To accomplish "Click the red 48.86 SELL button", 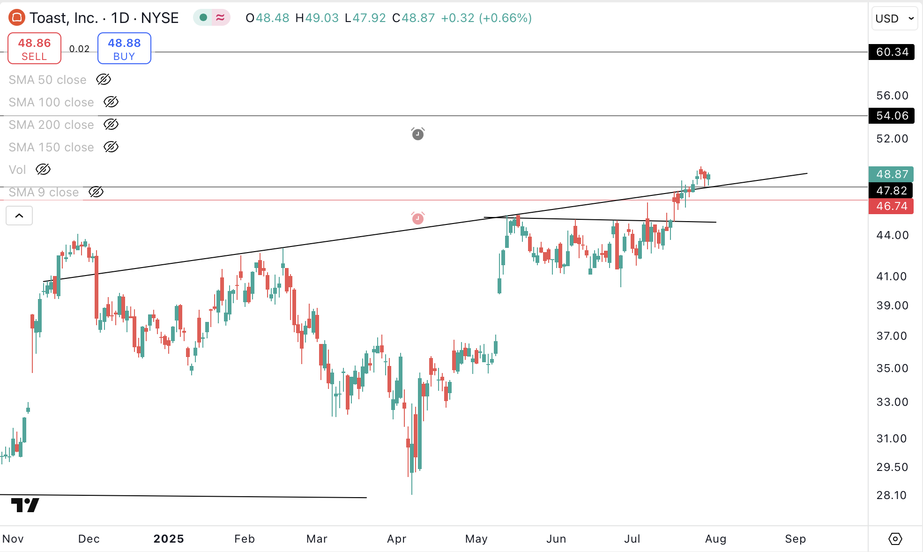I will point(34,48).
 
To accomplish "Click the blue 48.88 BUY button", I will point(124,48).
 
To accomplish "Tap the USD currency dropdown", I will point(894,19).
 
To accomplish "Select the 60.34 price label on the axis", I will point(891,52).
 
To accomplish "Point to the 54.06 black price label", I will point(891,116).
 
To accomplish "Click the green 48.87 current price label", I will point(891,174).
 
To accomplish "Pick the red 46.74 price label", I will point(891,206).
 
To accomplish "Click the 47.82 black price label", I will point(891,191).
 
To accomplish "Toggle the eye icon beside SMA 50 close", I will point(104,80).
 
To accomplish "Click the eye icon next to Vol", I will point(43,170).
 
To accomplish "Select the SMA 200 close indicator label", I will point(51,125).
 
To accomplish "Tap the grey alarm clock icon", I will point(418,134).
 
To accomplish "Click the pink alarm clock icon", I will point(418,218).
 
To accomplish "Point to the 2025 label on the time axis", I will point(169,539).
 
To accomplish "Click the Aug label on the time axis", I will point(715,539).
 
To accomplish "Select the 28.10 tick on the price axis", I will point(891,495).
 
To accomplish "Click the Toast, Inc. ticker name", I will point(63,18).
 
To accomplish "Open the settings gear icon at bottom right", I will point(895,539).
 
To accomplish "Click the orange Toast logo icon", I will point(17,18).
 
